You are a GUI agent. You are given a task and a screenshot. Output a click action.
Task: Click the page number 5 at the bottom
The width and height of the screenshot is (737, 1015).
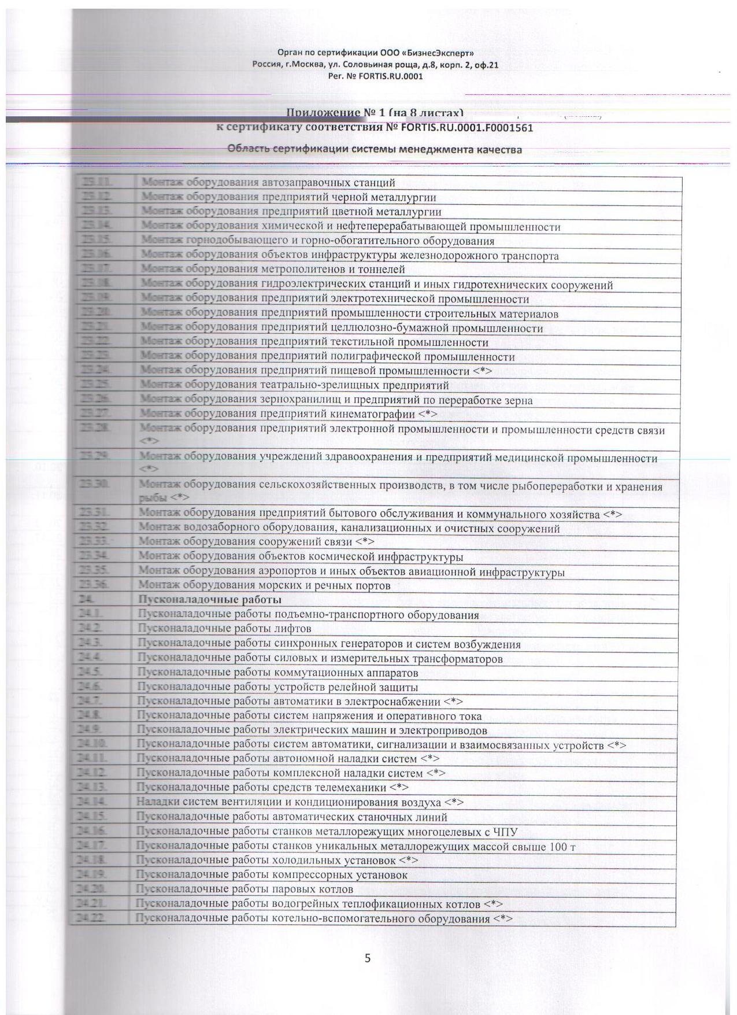point(368,958)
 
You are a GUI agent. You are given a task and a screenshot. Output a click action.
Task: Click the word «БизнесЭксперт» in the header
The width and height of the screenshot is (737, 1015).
point(436,53)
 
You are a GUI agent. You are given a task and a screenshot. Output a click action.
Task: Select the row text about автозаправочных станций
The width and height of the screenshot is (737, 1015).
point(268,183)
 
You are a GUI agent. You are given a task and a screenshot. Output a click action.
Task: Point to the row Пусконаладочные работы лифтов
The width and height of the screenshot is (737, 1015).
point(224,629)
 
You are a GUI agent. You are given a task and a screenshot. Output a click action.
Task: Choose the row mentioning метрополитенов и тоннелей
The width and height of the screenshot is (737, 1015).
point(273,270)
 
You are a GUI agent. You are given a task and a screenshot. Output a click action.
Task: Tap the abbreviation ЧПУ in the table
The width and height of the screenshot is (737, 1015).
point(505,832)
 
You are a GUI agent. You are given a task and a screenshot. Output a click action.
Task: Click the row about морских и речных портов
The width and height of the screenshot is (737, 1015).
point(265,585)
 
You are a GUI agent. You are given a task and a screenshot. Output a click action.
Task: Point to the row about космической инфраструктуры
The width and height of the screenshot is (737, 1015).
point(301,557)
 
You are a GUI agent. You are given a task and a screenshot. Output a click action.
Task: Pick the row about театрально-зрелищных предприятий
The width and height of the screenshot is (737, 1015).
point(295,385)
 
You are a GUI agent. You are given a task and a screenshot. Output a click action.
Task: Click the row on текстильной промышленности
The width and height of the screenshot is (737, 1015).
point(314,342)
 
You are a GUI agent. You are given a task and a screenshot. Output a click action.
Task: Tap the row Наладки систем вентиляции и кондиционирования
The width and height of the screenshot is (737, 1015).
point(299,803)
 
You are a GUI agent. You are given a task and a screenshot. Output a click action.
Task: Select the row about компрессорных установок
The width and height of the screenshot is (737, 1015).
point(272,875)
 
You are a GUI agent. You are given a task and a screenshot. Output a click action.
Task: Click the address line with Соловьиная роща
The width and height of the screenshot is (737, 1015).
point(375,65)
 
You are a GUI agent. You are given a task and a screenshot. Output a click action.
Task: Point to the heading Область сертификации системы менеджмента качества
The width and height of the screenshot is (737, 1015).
point(375,150)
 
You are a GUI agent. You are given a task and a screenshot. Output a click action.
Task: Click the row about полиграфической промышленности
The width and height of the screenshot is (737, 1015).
point(328,357)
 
